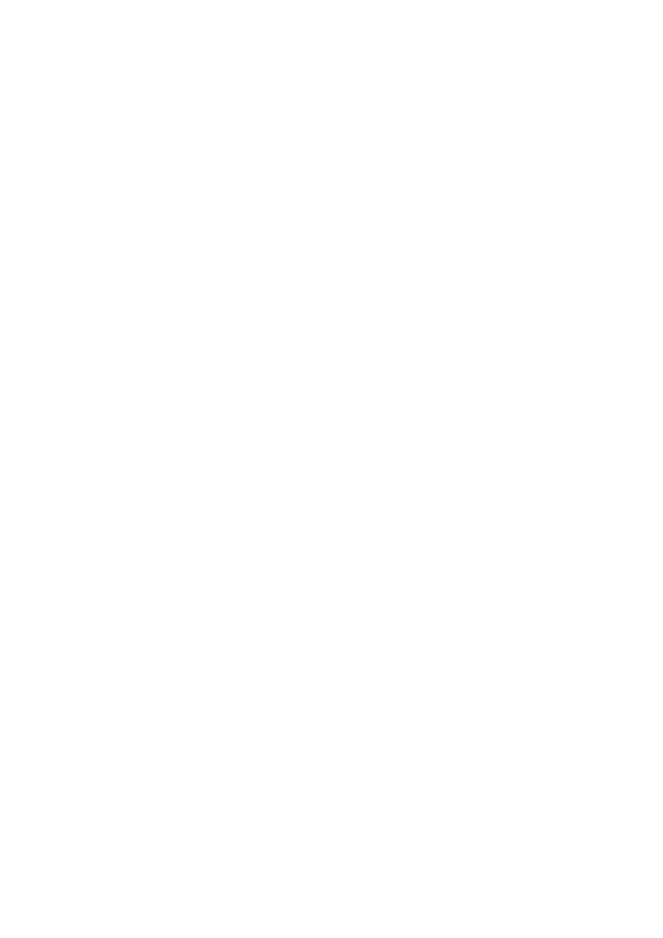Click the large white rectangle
coord(331,588)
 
